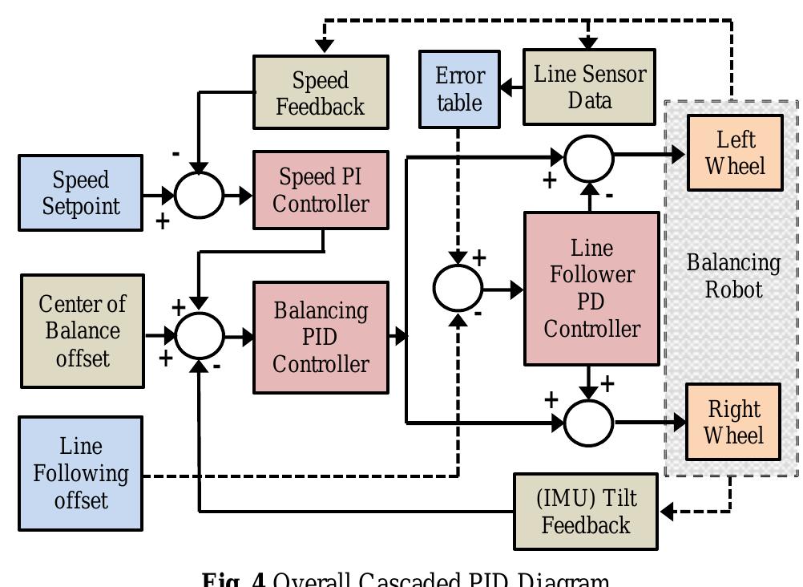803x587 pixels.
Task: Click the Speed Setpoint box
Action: point(80,193)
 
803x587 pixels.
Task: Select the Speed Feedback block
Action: point(321,92)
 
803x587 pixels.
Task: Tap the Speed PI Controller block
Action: point(321,190)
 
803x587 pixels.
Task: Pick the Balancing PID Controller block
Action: point(321,337)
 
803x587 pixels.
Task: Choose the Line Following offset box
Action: point(81,473)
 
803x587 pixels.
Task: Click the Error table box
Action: point(460,89)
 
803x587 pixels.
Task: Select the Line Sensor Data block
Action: point(589,87)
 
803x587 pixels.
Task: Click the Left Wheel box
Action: point(735,152)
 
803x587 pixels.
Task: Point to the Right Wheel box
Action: point(734,423)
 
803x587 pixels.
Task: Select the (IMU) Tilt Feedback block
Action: point(585,512)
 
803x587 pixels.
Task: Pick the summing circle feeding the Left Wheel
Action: point(589,158)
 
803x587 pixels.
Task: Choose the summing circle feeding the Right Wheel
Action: point(589,421)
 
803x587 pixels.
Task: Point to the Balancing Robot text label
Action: point(733,275)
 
